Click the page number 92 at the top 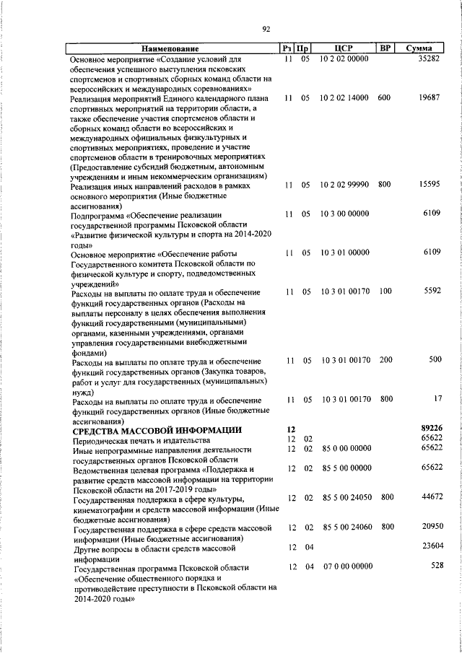click(266, 29)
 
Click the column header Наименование click(170, 48)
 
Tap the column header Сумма click(419, 48)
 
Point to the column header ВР click(385, 48)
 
